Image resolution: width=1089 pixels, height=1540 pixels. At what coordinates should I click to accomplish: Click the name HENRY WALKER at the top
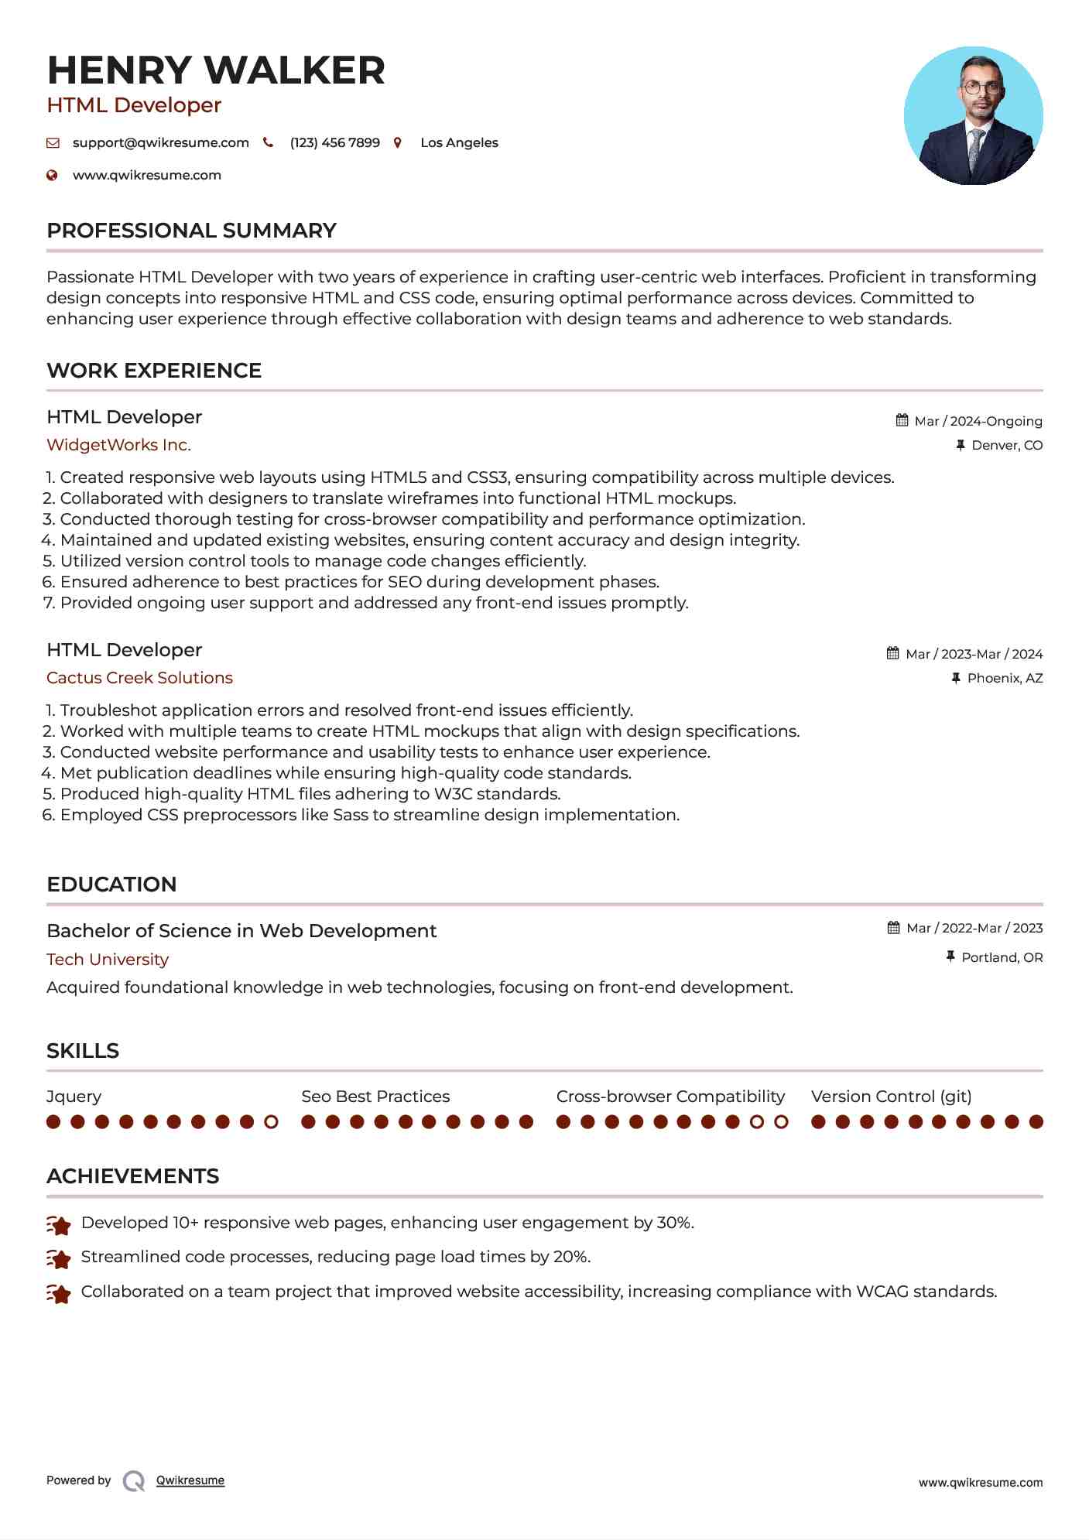tap(216, 70)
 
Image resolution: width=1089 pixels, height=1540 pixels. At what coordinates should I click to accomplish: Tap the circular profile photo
tap(973, 116)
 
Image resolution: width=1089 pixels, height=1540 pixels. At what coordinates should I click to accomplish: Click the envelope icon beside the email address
tap(53, 143)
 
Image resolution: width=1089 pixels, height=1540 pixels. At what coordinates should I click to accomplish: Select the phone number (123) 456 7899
tap(334, 143)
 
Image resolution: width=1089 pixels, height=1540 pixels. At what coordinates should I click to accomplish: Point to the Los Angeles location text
tap(459, 143)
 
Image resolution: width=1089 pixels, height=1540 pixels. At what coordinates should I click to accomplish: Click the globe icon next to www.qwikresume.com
tap(53, 176)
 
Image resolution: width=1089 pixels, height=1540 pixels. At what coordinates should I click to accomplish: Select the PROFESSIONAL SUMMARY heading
tap(191, 231)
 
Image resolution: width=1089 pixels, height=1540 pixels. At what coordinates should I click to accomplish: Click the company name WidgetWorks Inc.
tap(118, 445)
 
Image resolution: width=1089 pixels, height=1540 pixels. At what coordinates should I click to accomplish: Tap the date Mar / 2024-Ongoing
tap(978, 422)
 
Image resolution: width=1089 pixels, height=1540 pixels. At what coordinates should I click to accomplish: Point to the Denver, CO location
tap(1006, 446)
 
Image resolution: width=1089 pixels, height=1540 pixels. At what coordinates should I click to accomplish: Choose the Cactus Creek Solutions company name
tap(139, 678)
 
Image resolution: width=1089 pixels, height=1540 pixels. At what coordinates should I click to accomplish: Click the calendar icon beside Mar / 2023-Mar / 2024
tap(893, 654)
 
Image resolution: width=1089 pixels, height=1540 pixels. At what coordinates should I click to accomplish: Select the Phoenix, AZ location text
tap(1005, 679)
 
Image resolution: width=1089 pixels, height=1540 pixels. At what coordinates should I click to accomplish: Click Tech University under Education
tap(108, 960)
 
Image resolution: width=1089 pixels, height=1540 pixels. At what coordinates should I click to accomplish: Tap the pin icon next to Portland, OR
tap(950, 957)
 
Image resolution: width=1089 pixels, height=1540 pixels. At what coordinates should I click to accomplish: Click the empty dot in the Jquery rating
tap(271, 1122)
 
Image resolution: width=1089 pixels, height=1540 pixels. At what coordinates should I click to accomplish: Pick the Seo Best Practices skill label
tap(375, 1097)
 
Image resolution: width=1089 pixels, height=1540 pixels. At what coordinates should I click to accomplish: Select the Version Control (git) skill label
tap(891, 1097)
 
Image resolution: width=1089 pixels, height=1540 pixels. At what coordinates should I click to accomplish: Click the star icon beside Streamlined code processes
tap(59, 1259)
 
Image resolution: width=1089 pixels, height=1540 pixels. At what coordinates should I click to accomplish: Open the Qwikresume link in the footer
tap(190, 1480)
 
